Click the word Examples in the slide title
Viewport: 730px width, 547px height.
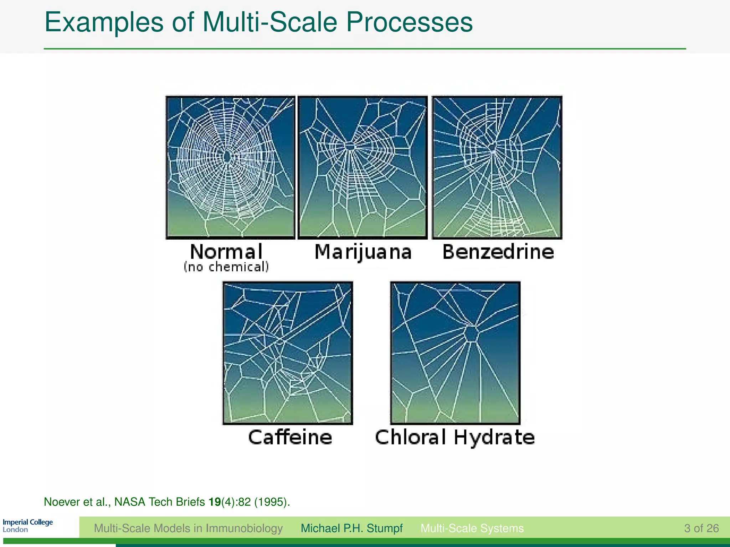104,22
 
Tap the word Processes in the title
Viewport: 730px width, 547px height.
409,22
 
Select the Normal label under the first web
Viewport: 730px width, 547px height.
226,252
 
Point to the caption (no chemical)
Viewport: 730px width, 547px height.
226,267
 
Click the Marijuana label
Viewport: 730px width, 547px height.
363,252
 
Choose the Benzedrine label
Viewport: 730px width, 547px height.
498,252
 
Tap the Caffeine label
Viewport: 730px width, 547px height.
290,437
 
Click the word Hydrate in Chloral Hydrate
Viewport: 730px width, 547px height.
494,437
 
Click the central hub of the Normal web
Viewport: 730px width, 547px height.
227,156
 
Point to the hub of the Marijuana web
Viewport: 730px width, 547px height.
350,146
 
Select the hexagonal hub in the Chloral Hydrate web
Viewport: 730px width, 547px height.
471,334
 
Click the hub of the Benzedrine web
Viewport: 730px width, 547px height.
492,147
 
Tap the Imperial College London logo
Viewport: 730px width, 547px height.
27,526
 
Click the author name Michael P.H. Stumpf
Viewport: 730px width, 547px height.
351,528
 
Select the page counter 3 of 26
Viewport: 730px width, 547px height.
701,528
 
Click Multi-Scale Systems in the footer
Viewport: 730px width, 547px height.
472,528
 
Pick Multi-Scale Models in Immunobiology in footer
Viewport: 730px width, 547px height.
188,528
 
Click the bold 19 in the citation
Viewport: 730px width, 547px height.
215,502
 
